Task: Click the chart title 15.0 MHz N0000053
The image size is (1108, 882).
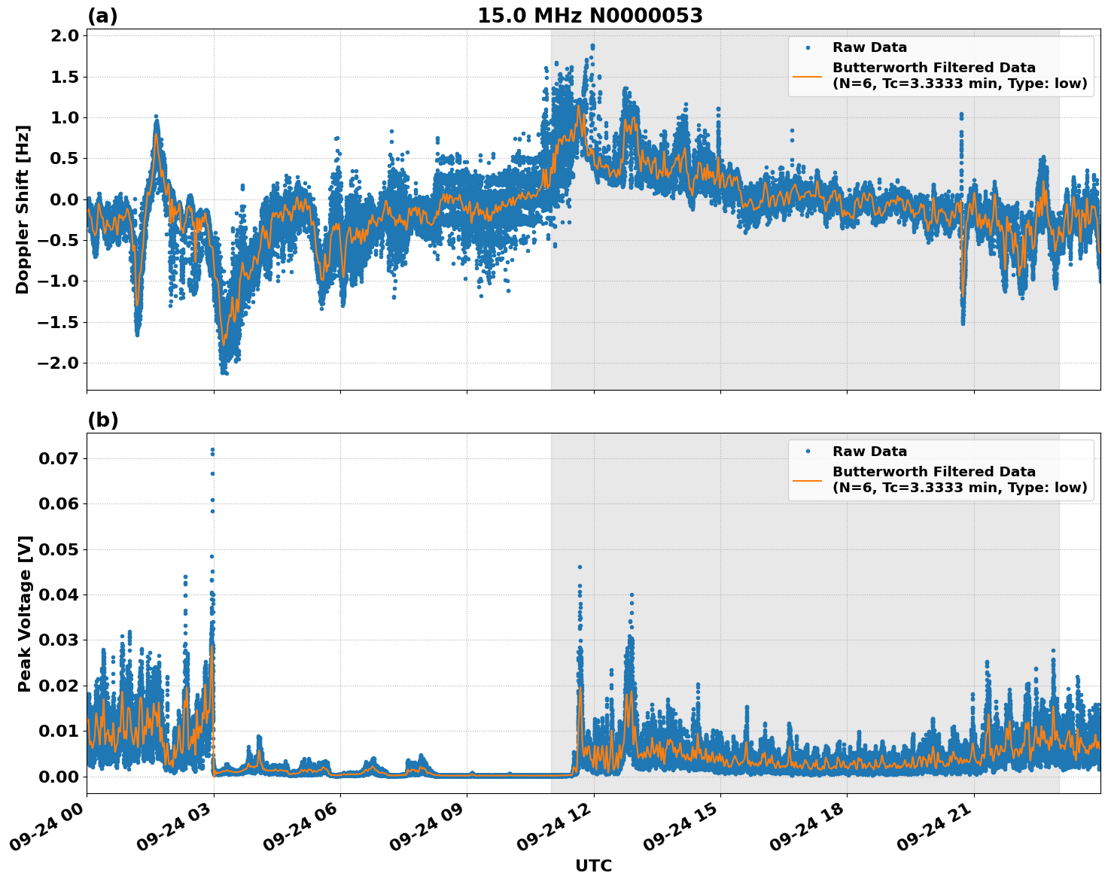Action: coord(589,16)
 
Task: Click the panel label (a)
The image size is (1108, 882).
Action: coord(102,16)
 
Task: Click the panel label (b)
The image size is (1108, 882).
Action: coord(102,420)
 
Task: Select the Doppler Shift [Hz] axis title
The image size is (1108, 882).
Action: coord(23,209)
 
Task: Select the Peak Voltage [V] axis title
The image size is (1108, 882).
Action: coord(25,613)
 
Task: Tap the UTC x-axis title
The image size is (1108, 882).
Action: coord(593,865)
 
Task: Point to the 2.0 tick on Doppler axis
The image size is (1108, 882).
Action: coord(63,35)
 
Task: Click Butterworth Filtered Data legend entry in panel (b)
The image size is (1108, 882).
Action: coord(933,479)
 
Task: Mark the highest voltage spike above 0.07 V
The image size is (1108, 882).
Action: coord(212,450)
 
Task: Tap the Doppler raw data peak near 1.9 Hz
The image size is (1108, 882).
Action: coord(592,46)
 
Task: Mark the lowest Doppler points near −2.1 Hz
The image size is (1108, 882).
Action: coord(224,372)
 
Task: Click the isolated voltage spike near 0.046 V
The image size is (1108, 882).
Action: coord(580,567)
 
